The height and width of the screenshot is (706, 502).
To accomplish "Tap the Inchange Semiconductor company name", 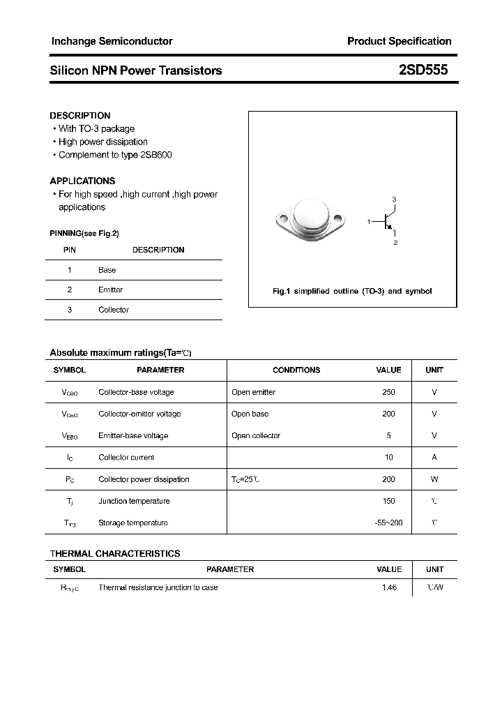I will point(112,41).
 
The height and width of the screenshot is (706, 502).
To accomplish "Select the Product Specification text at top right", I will point(399,41).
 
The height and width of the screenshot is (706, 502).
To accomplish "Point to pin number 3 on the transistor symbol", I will point(394,200).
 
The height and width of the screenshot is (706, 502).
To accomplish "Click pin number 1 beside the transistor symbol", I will point(369,221).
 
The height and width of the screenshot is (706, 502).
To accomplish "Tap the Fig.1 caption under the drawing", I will point(352,291).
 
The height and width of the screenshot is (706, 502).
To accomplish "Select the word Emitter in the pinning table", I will point(110,290).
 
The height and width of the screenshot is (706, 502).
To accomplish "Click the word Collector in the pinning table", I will point(114,310).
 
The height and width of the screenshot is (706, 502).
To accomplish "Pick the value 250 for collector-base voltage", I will point(388,392).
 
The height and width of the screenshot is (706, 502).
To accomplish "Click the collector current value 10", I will point(389,458).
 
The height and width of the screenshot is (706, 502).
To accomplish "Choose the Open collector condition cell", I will point(256,436).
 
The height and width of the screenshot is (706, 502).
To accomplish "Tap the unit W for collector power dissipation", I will point(434,479).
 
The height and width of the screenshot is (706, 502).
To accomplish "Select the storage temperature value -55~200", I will point(388,523).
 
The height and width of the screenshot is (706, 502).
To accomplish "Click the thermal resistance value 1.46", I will point(389,588).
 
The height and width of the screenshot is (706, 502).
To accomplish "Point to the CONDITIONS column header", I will point(296,370).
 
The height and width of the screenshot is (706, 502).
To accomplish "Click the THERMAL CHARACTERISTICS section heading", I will point(115,553).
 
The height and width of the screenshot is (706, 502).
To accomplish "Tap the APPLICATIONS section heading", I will point(82,181).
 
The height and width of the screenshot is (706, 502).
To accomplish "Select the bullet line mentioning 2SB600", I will point(115,155).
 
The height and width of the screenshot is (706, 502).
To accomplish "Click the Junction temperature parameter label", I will point(134,501).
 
